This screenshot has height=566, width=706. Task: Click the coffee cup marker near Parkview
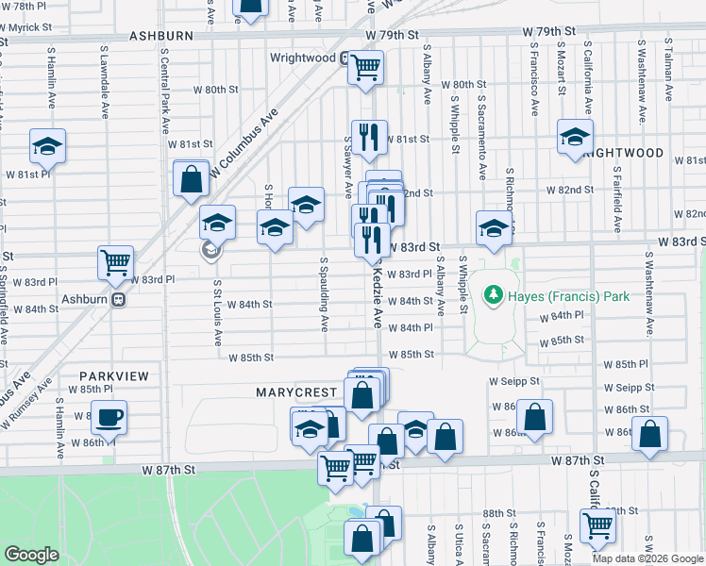pos(109,416)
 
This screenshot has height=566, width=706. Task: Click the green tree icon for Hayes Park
pos(492,296)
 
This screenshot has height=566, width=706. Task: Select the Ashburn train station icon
pos(119,300)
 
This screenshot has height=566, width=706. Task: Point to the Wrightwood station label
pos(302,58)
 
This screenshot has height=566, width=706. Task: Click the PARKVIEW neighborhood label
pos(108,375)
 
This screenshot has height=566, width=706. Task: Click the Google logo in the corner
pos(31,555)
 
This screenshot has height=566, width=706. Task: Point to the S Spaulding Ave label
pos(324,294)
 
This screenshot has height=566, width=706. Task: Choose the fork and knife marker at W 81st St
pos(369,136)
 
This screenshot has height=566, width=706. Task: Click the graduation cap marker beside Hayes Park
pos(493,226)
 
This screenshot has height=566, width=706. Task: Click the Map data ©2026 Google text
pos(647,558)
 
